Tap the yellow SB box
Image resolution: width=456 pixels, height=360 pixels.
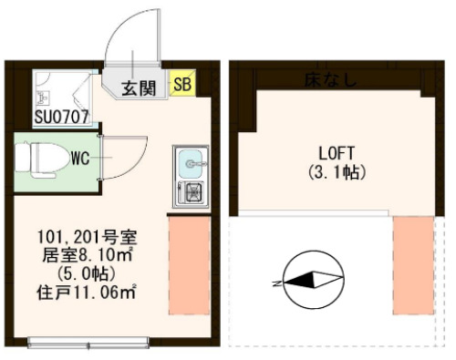coord(181,85)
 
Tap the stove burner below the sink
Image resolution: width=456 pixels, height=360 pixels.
coord(193,191)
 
